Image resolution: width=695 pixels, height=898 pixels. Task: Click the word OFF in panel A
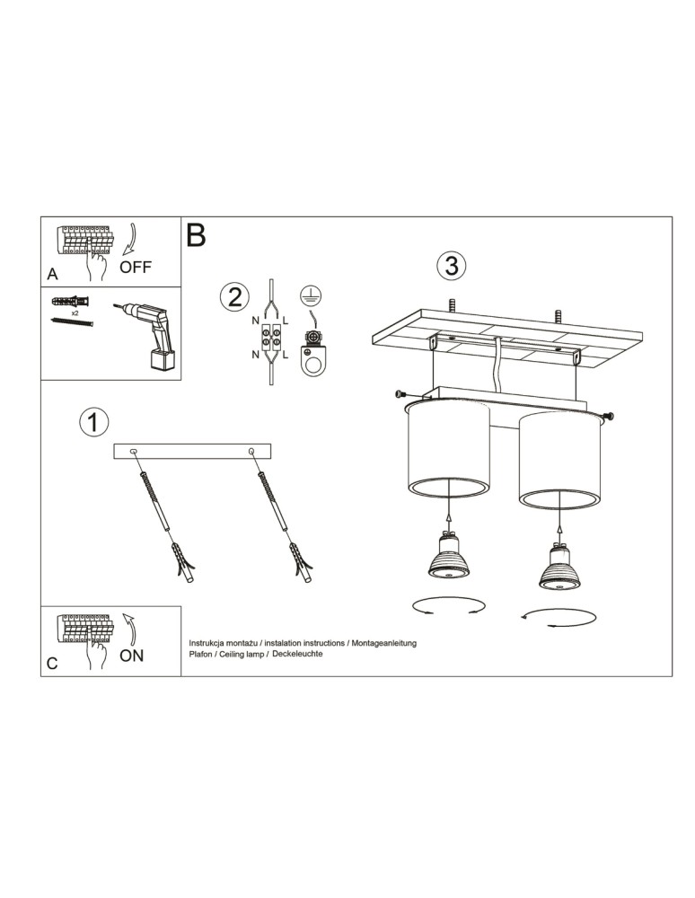pos(136,267)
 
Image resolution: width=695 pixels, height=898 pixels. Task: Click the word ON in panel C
pos(131,656)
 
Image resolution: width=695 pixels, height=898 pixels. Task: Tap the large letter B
pos(196,235)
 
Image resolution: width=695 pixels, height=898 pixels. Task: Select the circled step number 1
pos(93,422)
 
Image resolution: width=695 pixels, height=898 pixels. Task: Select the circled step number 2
pos(233,295)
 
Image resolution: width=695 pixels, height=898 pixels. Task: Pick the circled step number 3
pos(451,266)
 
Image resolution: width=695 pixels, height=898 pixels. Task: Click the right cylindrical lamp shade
pos(557,458)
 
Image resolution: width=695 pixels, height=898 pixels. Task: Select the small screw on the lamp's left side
pos(400,392)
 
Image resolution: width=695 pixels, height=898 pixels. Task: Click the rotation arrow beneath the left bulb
pos(445,607)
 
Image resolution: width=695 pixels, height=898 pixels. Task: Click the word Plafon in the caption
pos(202,655)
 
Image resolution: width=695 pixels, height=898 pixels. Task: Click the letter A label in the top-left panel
pos(51,273)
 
